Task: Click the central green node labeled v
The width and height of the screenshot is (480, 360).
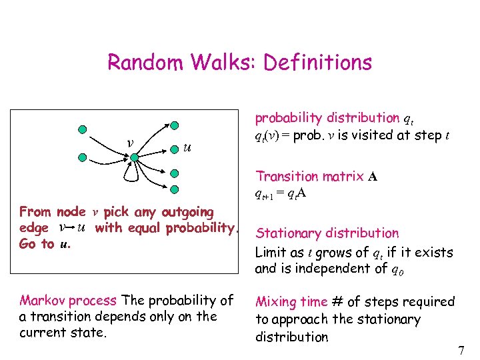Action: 133,158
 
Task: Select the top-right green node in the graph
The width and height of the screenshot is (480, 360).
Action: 174,125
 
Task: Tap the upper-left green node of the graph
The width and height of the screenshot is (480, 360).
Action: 81,129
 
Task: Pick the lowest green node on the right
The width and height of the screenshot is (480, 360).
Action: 174,189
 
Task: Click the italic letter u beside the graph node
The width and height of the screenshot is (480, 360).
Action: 187,147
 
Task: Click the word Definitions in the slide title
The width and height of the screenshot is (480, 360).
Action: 317,63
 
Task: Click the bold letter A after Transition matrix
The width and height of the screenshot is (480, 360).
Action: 373,177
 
